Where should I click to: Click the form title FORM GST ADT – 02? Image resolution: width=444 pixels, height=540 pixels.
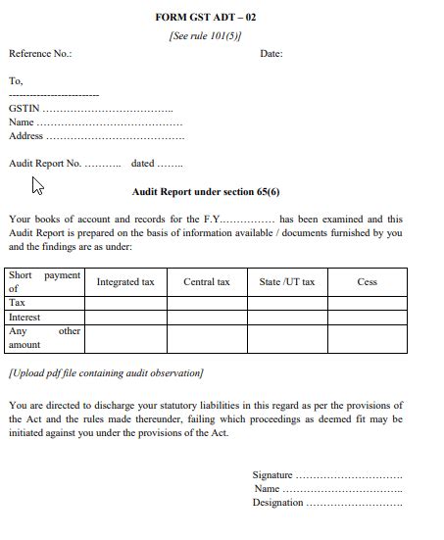pyautogui.click(x=206, y=18)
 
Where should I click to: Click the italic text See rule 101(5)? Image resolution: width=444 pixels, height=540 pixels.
pyautogui.click(x=206, y=35)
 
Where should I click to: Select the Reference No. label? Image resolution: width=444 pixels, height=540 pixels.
pyautogui.click(x=40, y=54)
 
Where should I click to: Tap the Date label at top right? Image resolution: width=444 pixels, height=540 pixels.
pyautogui.click(x=271, y=54)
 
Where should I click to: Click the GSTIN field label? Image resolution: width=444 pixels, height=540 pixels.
pyautogui.click(x=25, y=109)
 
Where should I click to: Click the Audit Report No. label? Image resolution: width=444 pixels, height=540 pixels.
pyautogui.click(x=45, y=164)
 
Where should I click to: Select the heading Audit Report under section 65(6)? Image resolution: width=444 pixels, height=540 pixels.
pyautogui.click(x=206, y=192)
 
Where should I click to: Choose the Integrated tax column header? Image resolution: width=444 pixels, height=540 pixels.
pyautogui.click(x=125, y=282)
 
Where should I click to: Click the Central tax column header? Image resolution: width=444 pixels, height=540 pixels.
pyautogui.click(x=206, y=282)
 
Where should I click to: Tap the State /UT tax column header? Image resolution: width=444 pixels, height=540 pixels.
pyautogui.click(x=286, y=282)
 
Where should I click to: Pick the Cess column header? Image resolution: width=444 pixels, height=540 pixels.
pyautogui.click(x=367, y=282)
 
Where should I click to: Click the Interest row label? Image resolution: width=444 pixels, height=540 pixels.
pyautogui.click(x=25, y=318)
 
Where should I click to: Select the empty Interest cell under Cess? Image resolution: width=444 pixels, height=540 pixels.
pyautogui.click(x=367, y=318)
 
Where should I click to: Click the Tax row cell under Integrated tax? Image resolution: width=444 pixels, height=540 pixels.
pyautogui.click(x=125, y=304)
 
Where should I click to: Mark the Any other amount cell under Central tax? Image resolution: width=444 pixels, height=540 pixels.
pyautogui.click(x=206, y=338)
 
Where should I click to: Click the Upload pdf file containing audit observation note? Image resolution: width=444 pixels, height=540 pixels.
pyautogui.click(x=106, y=373)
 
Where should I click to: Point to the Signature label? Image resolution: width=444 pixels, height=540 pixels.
pyautogui.click(x=272, y=475)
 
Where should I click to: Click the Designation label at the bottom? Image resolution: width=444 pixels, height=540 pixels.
pyautogui.click(x=277, y=503)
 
